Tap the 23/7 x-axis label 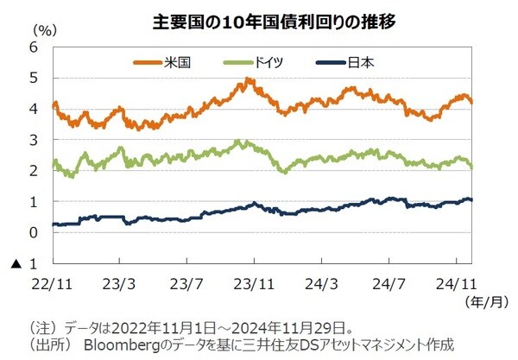186,282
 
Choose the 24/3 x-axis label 322,282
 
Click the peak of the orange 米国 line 248,79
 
